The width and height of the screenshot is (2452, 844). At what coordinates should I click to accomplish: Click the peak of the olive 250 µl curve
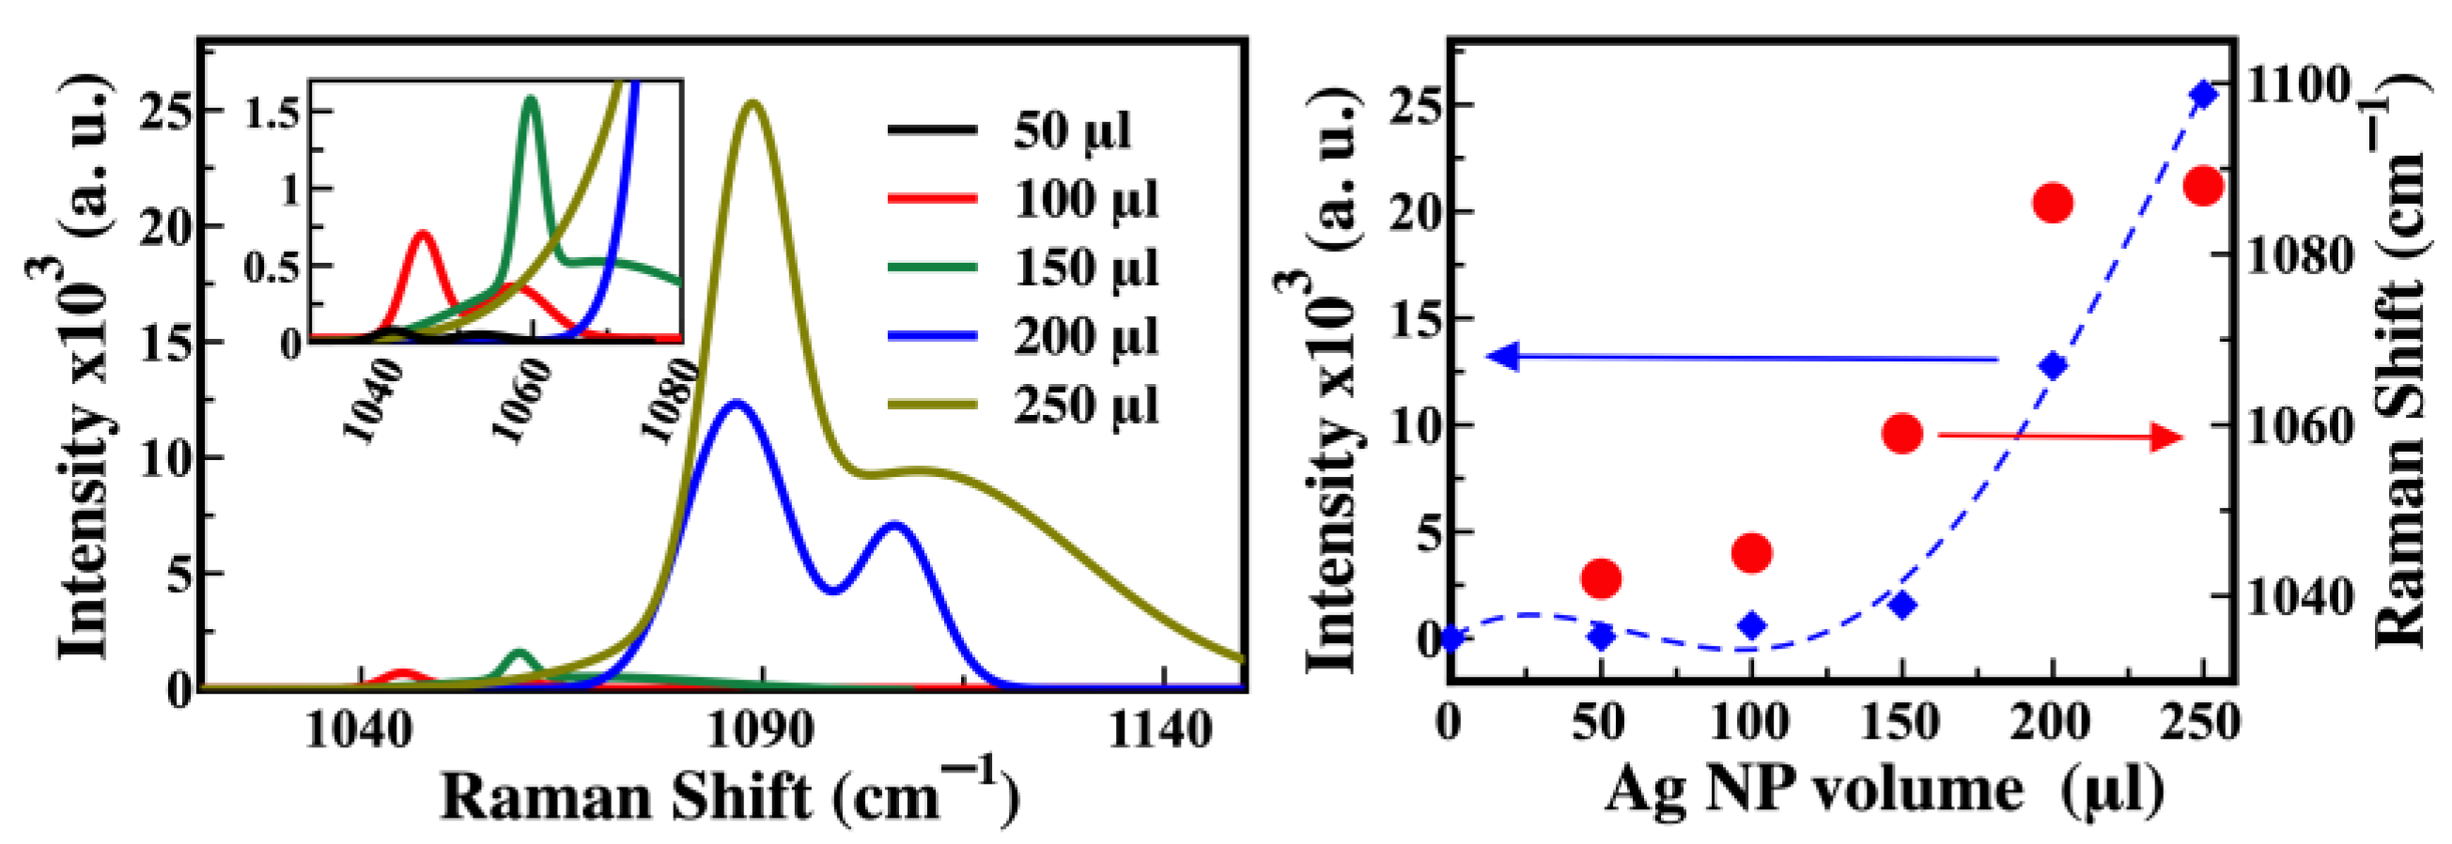click(x=753, y=102)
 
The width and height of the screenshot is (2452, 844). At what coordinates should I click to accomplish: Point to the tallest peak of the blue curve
click(x=736, y=403)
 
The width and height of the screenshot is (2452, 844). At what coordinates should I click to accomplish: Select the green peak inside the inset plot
click(x=531, y=98)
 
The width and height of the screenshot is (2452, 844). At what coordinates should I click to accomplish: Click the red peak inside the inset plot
click(x=423, y=232)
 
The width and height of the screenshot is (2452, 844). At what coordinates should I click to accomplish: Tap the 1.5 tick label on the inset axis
click(x=272, y=113)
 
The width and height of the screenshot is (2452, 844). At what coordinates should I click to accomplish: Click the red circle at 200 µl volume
click(x=2053, y=203)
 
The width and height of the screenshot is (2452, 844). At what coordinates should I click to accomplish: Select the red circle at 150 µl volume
click(x=1901, y=434)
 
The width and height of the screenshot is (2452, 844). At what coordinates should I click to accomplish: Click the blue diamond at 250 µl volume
click(x=2204, y=94)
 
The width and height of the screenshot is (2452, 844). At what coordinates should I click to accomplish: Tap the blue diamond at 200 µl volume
click(x=2053, y=366)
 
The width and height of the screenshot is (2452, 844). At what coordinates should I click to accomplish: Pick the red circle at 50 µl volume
click(x=1601, y=577)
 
